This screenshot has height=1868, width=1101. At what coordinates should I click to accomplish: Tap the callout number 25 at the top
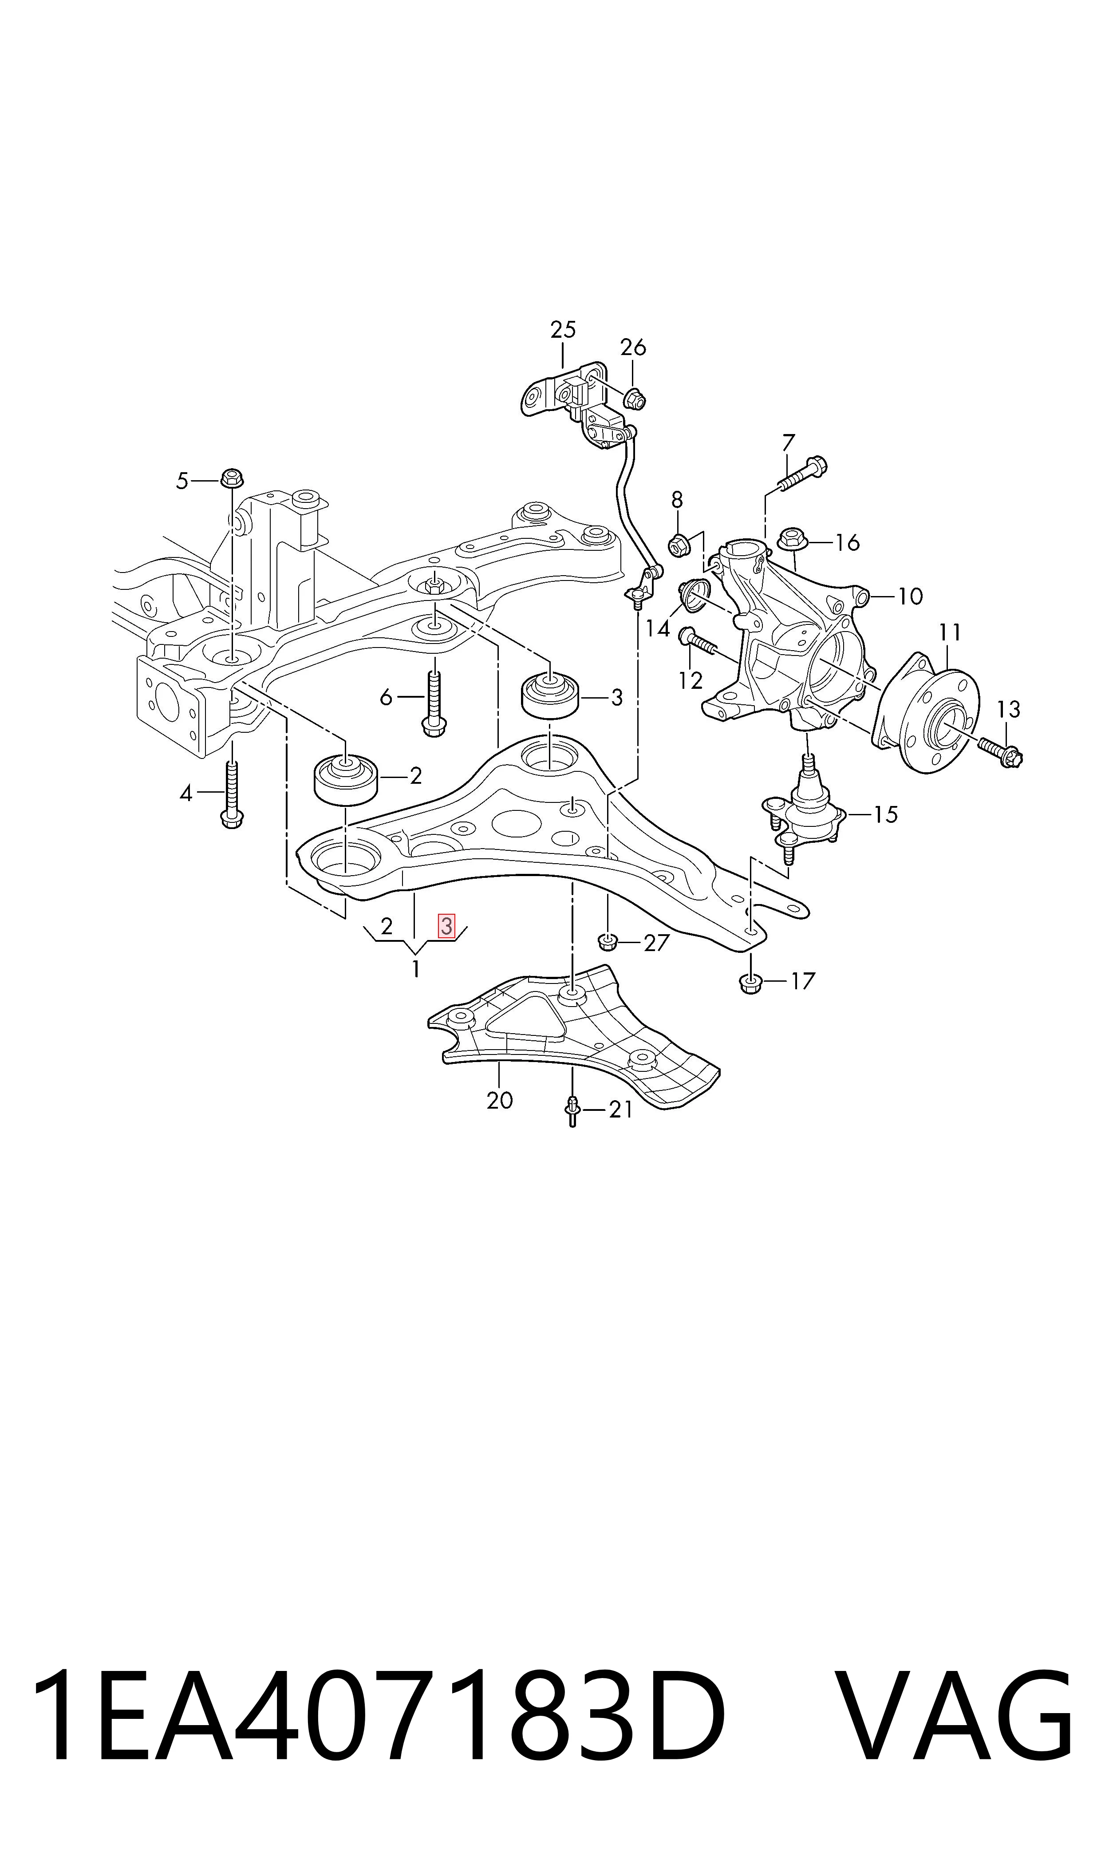coord(563,329)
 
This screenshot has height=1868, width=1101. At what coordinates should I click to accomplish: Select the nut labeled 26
coord(634,399)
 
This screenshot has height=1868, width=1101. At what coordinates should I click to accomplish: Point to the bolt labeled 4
coord(232,794)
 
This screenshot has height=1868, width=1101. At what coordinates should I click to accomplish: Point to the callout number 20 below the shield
coord(500,1100)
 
